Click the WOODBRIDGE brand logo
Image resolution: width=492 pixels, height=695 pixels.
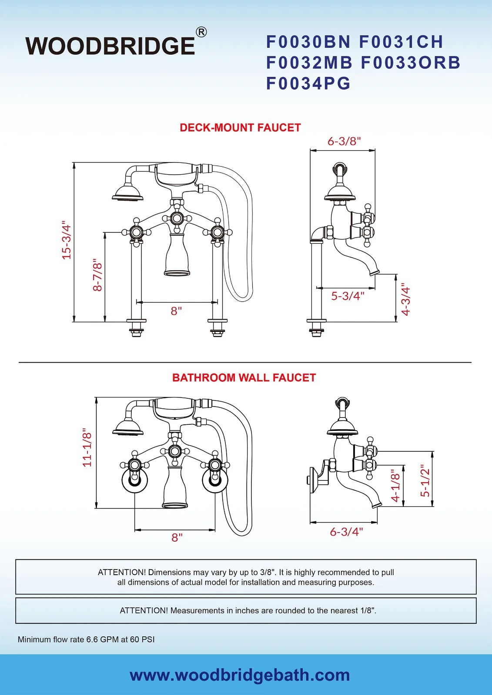tap(110, 46)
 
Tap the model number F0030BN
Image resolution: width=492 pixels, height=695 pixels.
tap(308, 42)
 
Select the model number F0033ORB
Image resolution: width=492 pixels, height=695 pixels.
tap(410, 63)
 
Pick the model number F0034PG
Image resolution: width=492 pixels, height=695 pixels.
tap(308, 83)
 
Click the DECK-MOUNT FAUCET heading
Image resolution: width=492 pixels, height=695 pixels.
tap(240, 128)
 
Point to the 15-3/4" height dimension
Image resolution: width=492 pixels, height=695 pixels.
tap(66, 240)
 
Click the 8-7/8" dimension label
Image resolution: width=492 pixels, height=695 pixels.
tap(97, 275)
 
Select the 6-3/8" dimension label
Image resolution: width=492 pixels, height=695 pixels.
tap(344, 141)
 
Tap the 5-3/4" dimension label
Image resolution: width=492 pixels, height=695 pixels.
tap(348, 296)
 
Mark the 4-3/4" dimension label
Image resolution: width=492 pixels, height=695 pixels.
tap(405, 300)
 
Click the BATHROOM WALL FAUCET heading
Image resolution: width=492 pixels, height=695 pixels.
tap(244, 378)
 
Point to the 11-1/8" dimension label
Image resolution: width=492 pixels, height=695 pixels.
tap(87, 447)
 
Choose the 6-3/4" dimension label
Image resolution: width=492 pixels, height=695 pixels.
tap(346, 532)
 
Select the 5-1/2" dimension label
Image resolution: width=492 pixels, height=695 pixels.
tap(425, 480)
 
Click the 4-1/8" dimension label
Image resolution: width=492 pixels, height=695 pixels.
tap(395, 485)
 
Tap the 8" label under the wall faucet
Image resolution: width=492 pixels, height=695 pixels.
tap(177, 538)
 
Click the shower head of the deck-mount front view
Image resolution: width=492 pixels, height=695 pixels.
tap(127, 194)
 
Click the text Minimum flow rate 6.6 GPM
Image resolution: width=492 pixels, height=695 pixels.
tap(86, 639)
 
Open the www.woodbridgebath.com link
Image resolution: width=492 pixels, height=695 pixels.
tap(240, 675)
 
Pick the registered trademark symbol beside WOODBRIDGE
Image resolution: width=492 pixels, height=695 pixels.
tap(201, 32)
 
